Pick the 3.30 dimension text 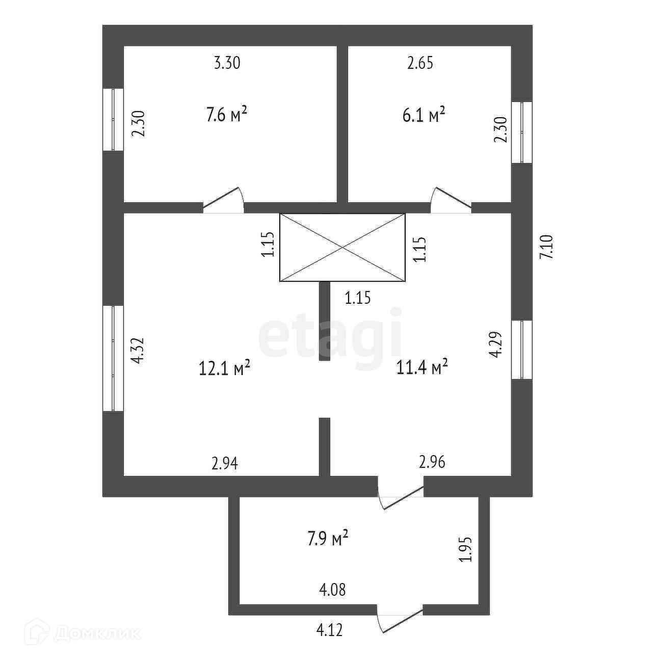click(227, 63)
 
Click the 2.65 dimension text click(420, 63)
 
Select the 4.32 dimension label click(139, 351)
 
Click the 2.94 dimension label click(225, 463)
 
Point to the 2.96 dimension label click(432, 462)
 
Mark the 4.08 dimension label click(332, 590)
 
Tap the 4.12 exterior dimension click(330, 630)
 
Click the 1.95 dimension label click(466, 549)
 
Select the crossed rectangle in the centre click(342, 247)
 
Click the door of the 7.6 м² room click(223, 201)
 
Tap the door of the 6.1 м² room click(450, 201)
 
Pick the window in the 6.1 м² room click(522, 133)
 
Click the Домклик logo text click(97, 633)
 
